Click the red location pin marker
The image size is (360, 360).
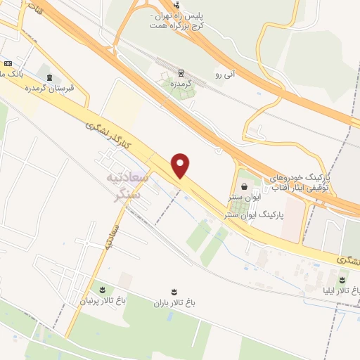pos(181,166)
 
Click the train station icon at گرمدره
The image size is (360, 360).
pos(182,72)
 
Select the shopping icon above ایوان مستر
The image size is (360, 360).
pos(244,186)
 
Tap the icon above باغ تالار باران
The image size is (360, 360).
pos(174,290)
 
